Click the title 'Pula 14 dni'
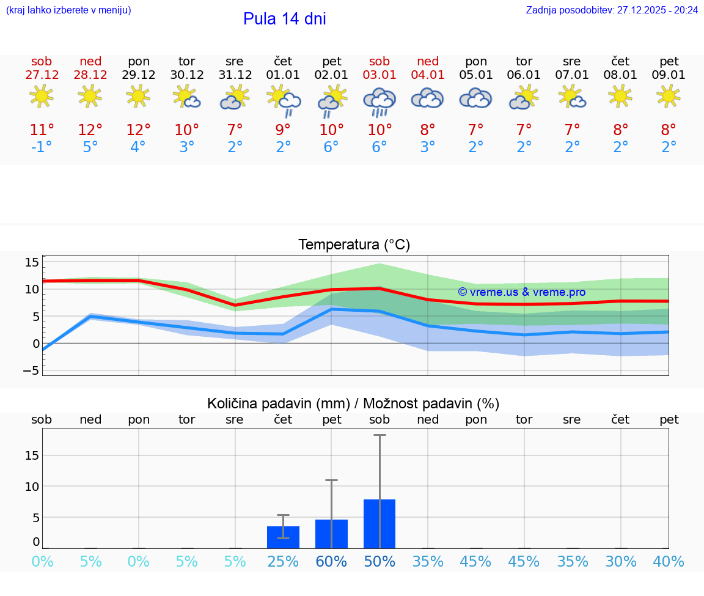284,19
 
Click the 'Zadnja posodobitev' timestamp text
612,10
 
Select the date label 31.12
235,75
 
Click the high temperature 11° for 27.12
42,130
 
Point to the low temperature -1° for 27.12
42,147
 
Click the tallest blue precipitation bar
380,523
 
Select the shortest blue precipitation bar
283,537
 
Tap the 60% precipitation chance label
331,561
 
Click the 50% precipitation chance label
380,561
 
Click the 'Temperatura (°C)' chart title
354,245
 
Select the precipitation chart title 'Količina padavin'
353,403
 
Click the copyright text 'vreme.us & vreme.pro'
521,292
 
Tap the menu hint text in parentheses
68,10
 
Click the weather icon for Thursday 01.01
283,100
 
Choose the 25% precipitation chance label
283,561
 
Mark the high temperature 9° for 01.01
283,130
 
